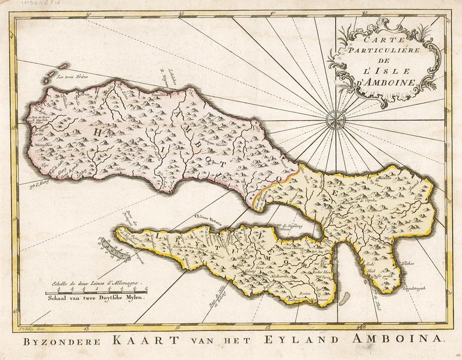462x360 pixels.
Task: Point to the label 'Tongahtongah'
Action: (414, 289)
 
